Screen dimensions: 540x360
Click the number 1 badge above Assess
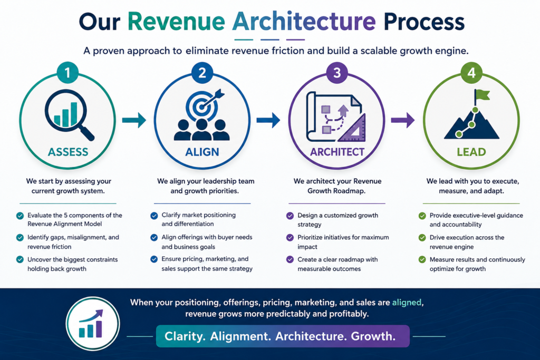point(67,73)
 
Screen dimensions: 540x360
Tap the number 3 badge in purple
point(337,73)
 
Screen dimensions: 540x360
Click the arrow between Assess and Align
point(134,120)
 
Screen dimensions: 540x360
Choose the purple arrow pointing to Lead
point(403,120)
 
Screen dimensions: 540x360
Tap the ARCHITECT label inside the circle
point(337,152)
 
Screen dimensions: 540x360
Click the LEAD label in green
point(471,152)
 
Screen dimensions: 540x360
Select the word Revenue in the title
point(176,21)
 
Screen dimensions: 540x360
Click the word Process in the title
point(424,21)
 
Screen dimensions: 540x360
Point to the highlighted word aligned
point(407,303)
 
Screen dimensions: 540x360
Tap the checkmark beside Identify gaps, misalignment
point(20,238)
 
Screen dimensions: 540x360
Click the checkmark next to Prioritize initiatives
point(290,238)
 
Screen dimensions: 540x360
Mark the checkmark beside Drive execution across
point(422,238)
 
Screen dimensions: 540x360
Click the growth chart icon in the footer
point(93,324)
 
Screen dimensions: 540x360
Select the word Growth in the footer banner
point(373,336)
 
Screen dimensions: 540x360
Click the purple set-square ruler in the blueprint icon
point(352,129)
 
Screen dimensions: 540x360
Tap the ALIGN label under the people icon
point(202,152)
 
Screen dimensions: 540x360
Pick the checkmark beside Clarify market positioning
point(155,216)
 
